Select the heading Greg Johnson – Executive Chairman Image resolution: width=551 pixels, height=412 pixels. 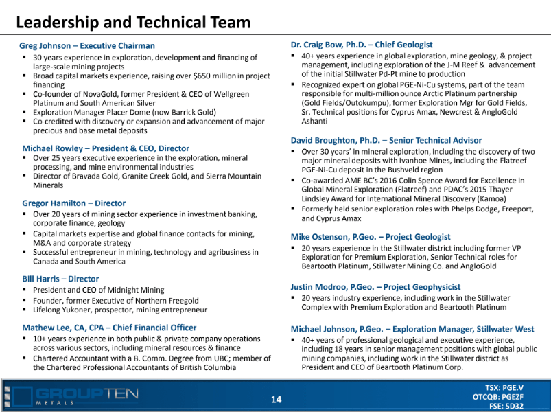(89, 46)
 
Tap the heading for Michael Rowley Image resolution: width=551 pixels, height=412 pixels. (106, 148)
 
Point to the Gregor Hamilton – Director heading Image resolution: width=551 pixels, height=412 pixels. (74, 203)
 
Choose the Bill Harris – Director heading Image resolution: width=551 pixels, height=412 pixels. (60, 279)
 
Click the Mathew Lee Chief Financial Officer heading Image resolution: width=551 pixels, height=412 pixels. (109, 328)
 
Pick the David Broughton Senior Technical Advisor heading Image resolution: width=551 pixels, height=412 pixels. (386, 140)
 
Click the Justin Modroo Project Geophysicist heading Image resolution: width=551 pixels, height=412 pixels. (375, 286)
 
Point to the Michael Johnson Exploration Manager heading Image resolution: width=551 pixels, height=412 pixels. (412, 329)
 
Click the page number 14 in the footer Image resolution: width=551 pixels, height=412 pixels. (277, 399)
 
